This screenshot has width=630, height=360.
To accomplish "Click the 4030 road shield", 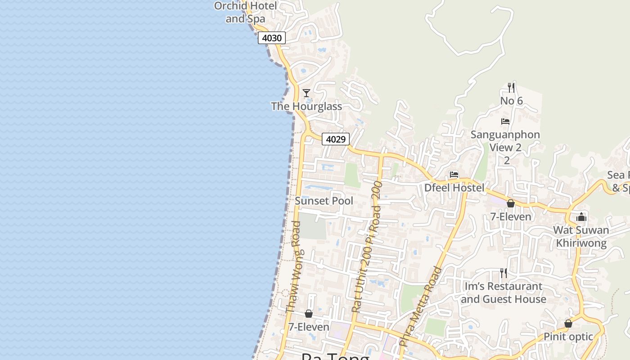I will [272, 38].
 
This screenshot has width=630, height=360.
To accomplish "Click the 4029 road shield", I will [336, 139].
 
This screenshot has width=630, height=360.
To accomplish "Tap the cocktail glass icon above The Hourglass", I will [306, 93].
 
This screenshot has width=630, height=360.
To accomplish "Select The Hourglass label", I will [306, 106].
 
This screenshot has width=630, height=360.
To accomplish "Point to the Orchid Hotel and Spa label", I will [245, 12].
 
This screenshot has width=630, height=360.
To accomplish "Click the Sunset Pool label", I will [324, 201].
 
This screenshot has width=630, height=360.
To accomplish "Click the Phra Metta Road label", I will [421, 306].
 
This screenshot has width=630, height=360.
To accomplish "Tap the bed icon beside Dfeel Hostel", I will [454, 175].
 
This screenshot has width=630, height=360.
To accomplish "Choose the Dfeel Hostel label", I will [454, 187].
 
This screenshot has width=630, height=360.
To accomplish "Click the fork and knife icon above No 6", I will [511, 87].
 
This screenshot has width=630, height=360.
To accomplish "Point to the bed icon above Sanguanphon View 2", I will [505, 121].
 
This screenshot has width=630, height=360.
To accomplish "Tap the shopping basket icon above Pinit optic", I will [568, 324].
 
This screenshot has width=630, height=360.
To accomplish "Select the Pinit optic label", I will [568, 337].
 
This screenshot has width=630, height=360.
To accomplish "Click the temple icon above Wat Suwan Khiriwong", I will [581, 217].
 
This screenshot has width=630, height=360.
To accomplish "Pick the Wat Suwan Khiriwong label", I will [581, 237].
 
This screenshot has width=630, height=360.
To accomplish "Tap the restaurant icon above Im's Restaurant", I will [504, 273].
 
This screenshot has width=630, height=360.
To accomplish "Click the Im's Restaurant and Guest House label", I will [504, 292].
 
